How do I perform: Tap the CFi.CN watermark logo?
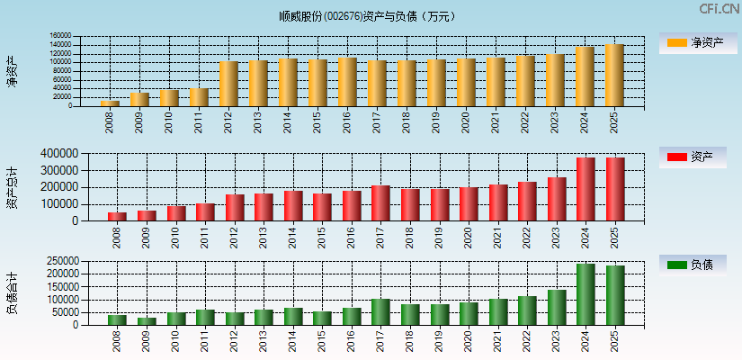point(720,9)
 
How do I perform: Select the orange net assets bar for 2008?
point(110,103)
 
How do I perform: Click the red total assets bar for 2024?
point(586,189)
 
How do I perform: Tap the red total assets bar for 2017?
point(380,203)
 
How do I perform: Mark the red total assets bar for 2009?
point(147,216)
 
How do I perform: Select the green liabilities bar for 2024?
point(586,294)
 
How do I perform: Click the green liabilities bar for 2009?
point(147,321)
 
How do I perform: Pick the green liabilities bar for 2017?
point(380,311)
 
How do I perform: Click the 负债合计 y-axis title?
point(13,292)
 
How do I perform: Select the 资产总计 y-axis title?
point(13,187)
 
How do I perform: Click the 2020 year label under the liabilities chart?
point(468,338)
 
